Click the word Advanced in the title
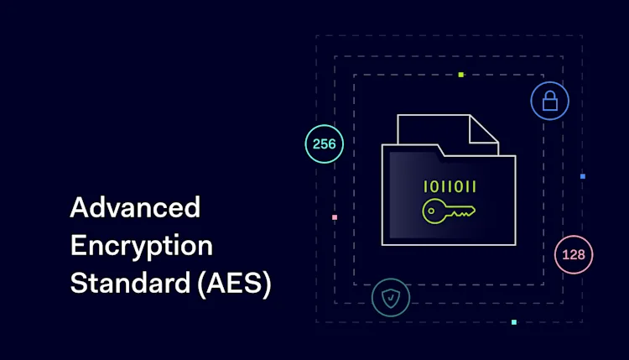coord(135,207)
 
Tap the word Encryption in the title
coord(142,245)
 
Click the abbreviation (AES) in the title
coord(233,284)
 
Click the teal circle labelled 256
coord(324,143)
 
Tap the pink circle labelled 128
coord(574,254)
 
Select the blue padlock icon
coord(550,102)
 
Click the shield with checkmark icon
coord(391,297)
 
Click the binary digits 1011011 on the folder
coord(450,186)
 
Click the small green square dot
coord(460,75)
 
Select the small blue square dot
coord(583,176)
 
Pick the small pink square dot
coord(335,217)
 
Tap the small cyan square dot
coord(514,322)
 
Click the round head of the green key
coord(434,211)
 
